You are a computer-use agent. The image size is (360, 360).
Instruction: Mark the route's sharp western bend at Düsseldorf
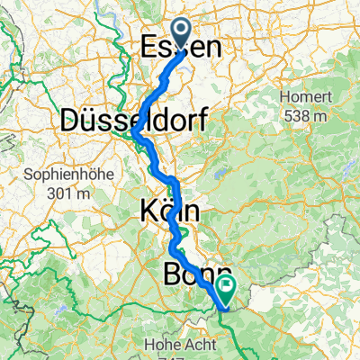[x=134, y=133]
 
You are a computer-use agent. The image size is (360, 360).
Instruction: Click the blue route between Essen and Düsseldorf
[x=160, y=90]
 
